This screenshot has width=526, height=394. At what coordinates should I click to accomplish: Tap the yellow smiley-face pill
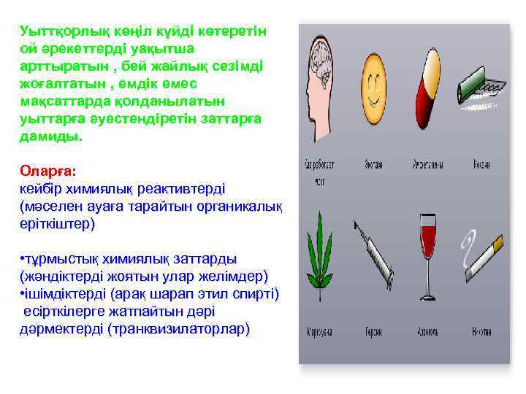coord(375,88)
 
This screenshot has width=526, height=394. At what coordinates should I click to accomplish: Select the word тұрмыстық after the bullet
coord(63,259)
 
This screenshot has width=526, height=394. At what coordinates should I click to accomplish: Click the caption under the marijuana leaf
coord(319,331)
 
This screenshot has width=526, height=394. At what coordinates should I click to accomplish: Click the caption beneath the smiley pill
coord(374,163)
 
